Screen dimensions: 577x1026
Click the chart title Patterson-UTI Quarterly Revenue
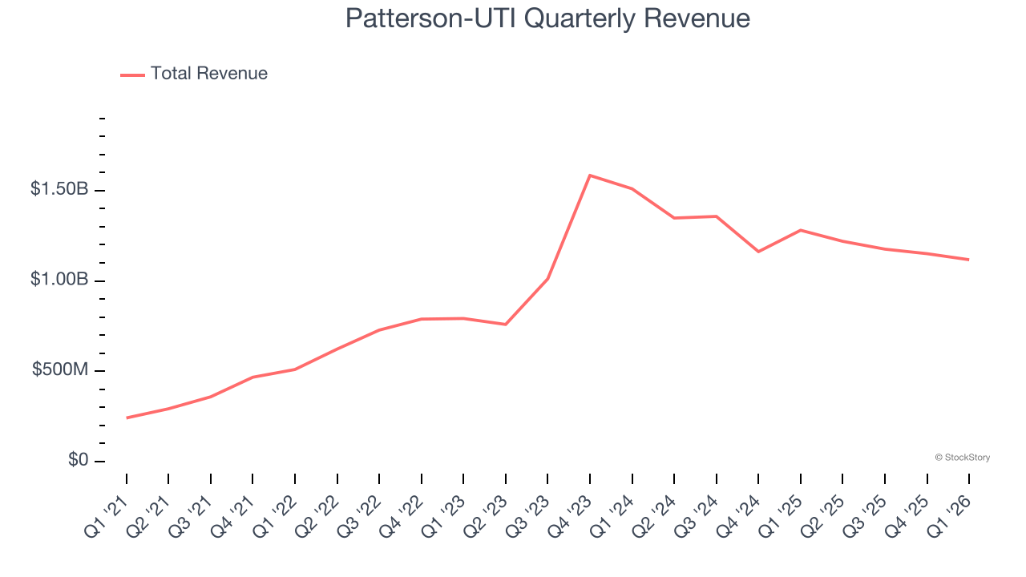pyautogui.click(x=547, y=18)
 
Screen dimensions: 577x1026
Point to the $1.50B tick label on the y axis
pyautogui.click(x=59, y=190)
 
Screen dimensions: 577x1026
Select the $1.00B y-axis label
pyautogui.click(x=59, y=280)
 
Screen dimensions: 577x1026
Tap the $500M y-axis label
pyautogui.click(x=61, y=370)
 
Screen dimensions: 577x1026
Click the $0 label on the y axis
pyautogui.click(x=78, y=461)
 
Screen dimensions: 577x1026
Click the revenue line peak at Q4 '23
pyautogui.click(x=590, y=175)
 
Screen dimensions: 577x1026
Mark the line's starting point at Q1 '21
pyautogui.click(x=127, y=418)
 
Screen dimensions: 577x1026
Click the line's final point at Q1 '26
pyautogui.click(x=969, y=260)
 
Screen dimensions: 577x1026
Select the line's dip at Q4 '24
pyautogui.click(x=758, y=252)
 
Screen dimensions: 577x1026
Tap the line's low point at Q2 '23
pyautogui.click(x=506, y=325)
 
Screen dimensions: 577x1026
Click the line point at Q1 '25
pyautogui.click(x=801, y=230)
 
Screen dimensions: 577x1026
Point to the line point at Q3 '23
pyautogui.click(x=547, y=279)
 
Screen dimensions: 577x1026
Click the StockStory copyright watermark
pyautogui.click(x=962, y=458)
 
